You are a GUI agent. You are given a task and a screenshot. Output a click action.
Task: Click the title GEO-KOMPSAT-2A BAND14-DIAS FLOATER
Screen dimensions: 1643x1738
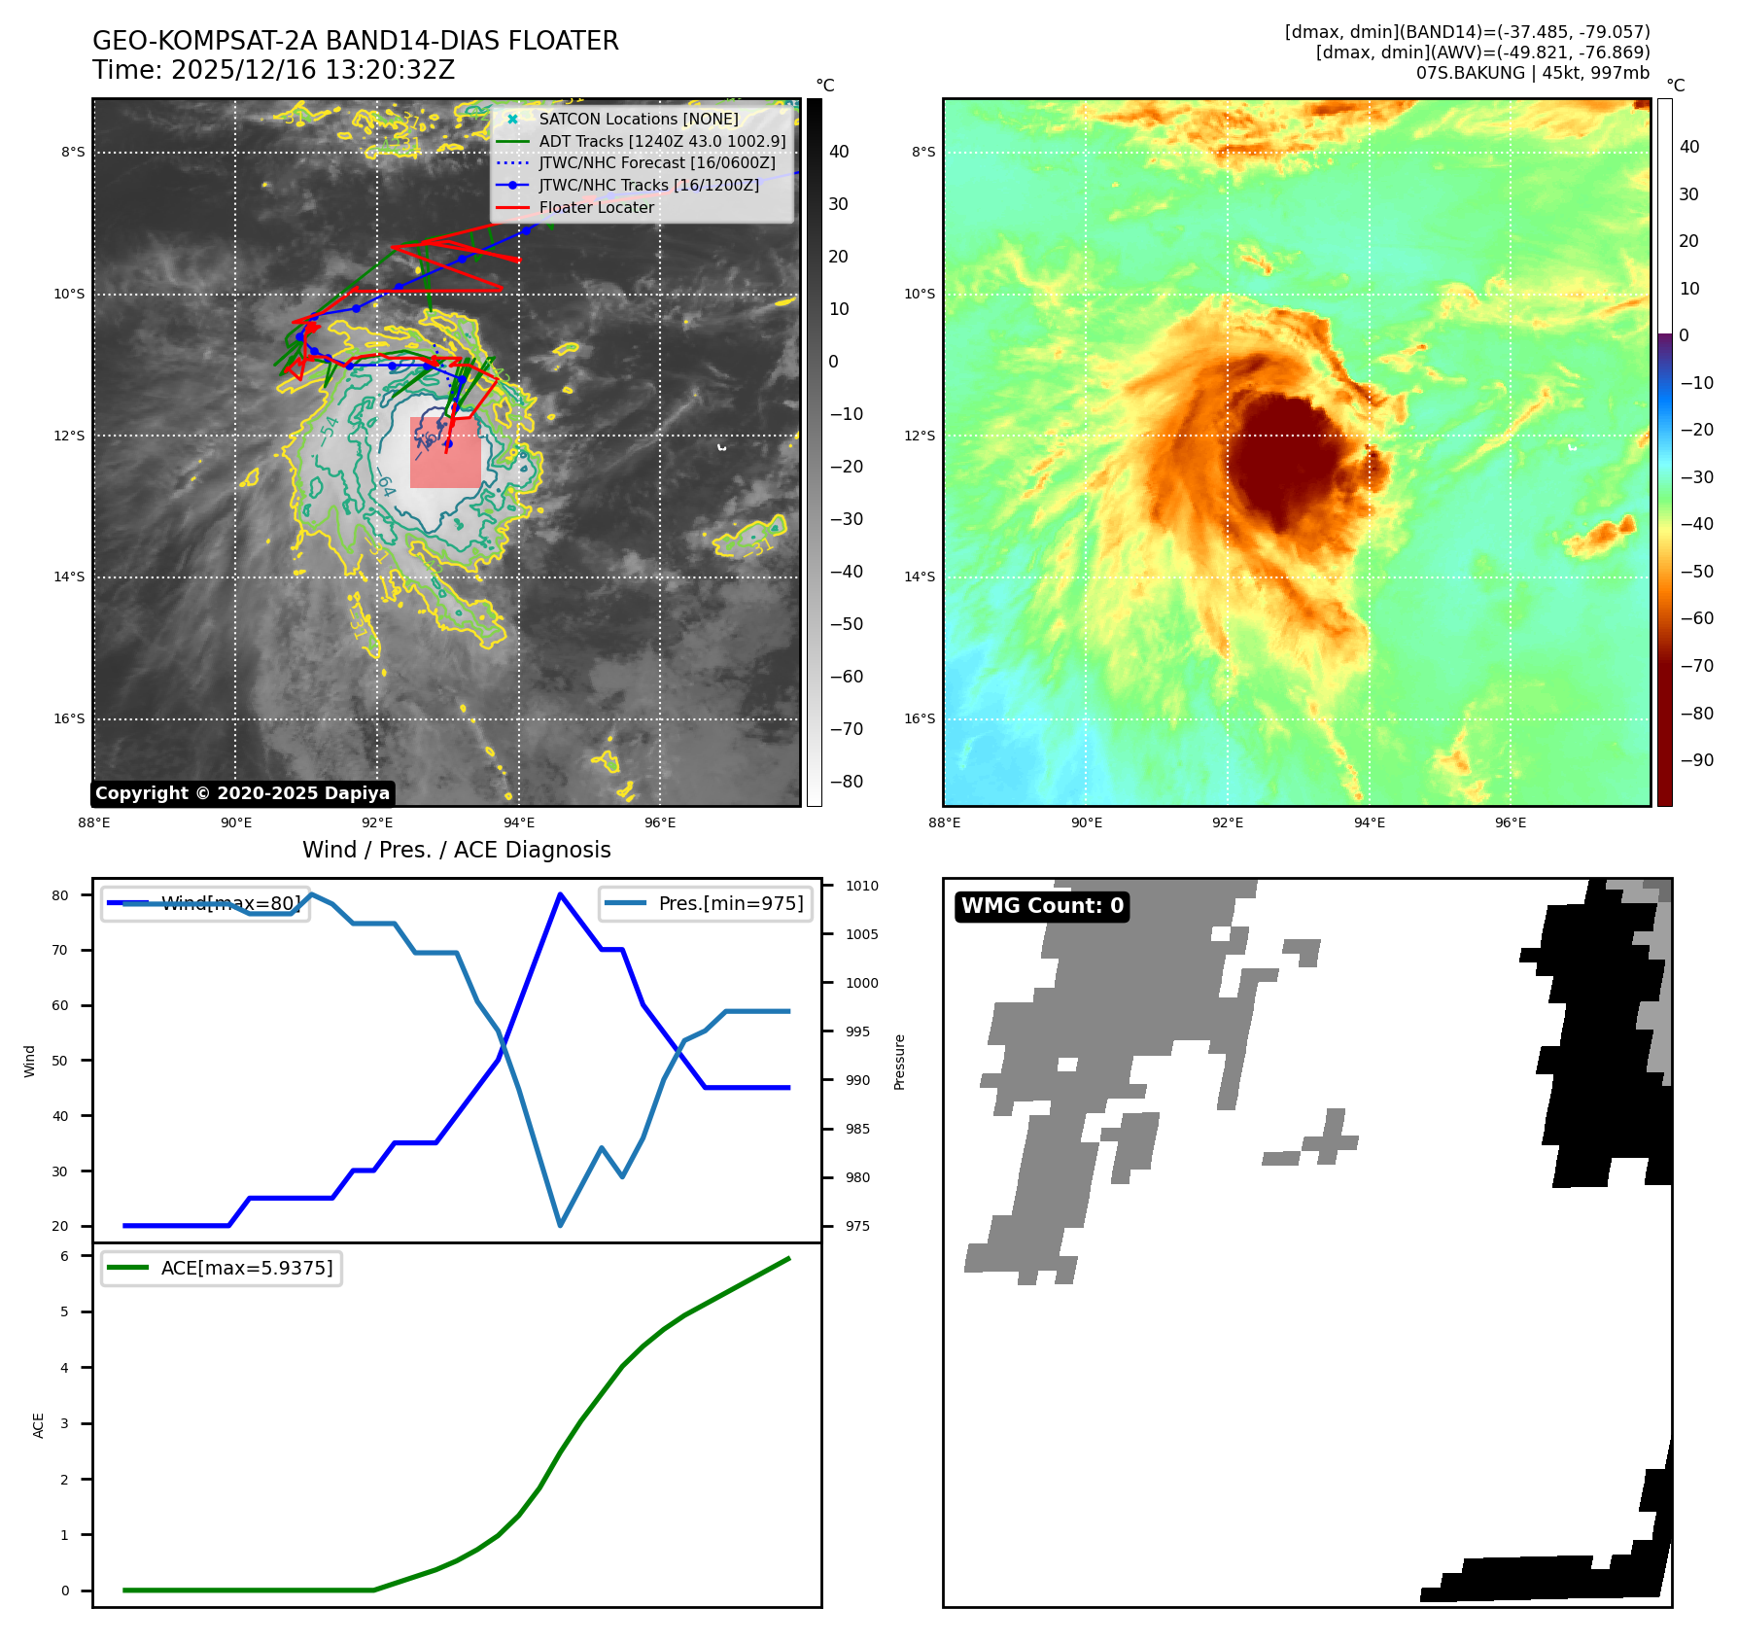pyautogui.click(x=355, y=41)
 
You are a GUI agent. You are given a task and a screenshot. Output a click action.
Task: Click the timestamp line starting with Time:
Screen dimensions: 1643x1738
pyautogui.click(x=273, y=70)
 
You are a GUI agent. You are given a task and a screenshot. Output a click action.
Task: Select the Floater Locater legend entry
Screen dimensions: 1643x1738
pyautogui.click(x=596, y=207)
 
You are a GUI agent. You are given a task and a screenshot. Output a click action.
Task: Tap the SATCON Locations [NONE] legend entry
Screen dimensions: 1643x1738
pyautogui.click(x=638, y=119)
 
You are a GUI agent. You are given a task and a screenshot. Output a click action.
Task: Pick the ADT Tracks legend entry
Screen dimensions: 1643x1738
pyautogui.click(x=661, y=141)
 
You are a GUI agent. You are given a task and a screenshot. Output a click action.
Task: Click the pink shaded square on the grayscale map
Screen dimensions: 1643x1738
pyautogui.click(x=445, y=453)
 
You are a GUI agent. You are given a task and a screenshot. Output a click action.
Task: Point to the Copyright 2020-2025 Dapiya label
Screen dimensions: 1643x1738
pyautogui.click(x=242, y=793)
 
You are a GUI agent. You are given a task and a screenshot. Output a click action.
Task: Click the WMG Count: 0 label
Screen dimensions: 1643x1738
pyautogui.click(x=1042, y=906)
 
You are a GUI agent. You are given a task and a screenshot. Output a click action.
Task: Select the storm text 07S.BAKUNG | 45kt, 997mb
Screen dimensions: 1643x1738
pyautogui.click(x=1532, y=73)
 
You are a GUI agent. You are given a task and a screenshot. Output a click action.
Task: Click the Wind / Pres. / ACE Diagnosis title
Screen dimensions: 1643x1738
pyautogui.click(x=456, y=850)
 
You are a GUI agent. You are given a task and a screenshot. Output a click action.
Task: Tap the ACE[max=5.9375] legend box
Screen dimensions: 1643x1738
pyautogui.click(x=222, y=1268)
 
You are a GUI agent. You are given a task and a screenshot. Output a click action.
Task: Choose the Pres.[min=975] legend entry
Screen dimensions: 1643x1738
pyautogui.click(x=706, y=903)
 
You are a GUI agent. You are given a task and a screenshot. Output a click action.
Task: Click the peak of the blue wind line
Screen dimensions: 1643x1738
pyautogui.click(x=560, y=893)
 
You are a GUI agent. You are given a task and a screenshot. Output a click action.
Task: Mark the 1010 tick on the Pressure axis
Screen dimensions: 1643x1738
pyautogui.click(x=861, y=886)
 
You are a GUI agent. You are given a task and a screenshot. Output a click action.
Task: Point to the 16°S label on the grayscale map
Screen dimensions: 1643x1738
pyautogui.click(x=69, y=718)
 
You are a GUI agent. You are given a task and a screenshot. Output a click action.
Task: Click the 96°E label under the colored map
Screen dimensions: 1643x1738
pyautogui.click(x=1510, y=822)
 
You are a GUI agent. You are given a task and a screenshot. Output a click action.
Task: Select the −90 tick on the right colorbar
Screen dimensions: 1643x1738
pyautogui.click(x=1696, y=760)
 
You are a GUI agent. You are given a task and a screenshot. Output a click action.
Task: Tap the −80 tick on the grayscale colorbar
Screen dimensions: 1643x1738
pyautogui.click(x=846, y=782)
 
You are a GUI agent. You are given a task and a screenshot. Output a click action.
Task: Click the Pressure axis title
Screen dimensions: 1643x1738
pyautogui.click(x=899, y=1062)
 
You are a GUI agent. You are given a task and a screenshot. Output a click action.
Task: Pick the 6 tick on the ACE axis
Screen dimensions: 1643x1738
pyautogui.click(x=65, y=1256)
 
